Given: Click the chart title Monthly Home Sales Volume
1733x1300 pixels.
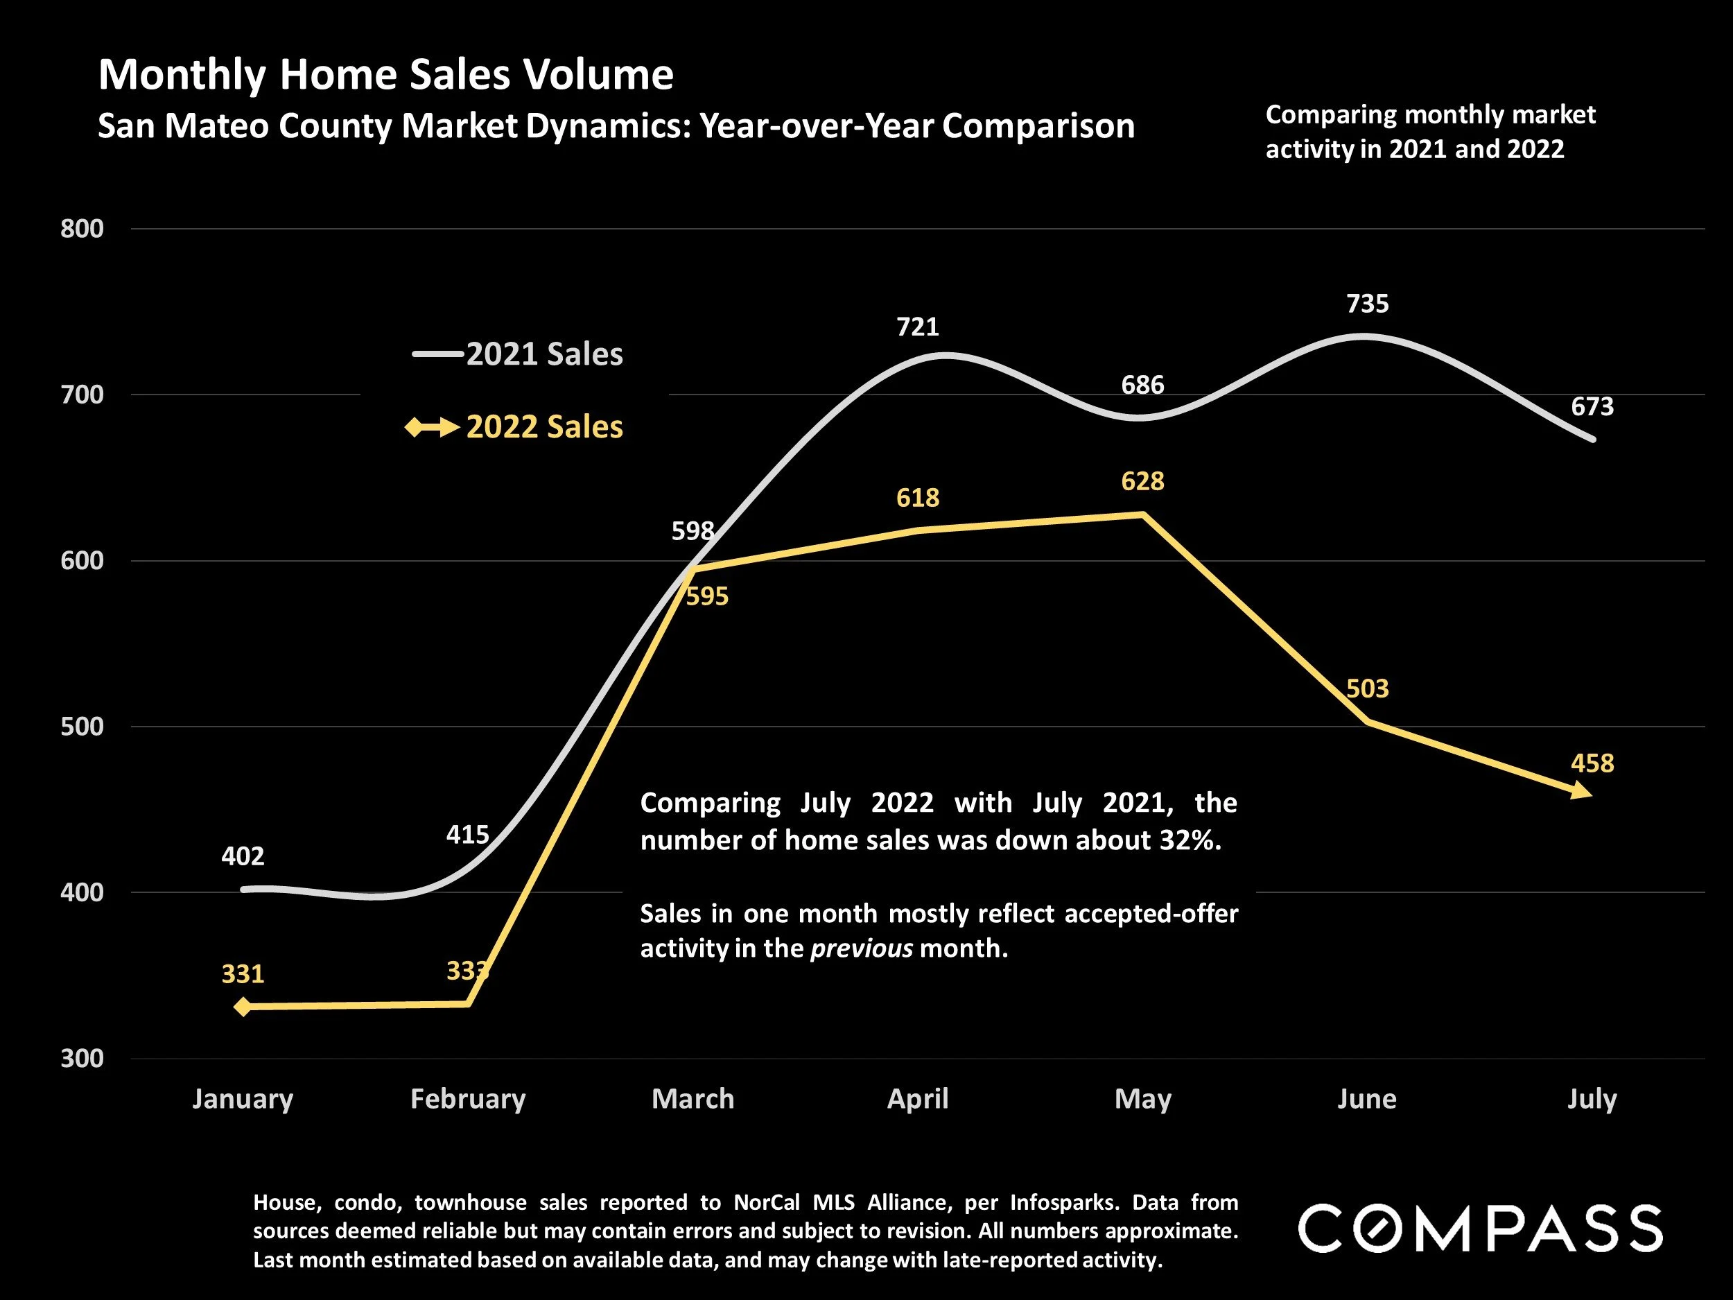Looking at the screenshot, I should click(385, 75).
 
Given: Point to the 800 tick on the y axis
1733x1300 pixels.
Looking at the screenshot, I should click(82, 229).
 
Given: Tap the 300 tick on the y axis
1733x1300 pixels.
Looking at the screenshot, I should click(82, 1059).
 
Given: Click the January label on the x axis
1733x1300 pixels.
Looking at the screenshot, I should click(243, 1099).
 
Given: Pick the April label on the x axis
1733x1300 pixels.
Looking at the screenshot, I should click(917, 1099).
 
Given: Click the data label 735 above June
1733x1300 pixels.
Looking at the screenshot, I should click(1367, 304).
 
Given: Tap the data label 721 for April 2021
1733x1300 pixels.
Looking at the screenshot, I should click(917, 327).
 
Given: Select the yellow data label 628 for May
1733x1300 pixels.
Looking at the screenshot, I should click(1142, 481).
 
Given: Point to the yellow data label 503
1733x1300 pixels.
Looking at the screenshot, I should click(1367, 688).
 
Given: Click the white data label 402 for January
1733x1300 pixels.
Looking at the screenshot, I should click(243, 856).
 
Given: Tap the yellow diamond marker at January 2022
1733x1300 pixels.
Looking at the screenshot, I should click(243, 1006).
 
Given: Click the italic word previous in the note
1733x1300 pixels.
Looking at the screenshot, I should click(861, 948).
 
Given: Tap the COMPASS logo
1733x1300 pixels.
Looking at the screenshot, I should click(1480, 1229).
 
